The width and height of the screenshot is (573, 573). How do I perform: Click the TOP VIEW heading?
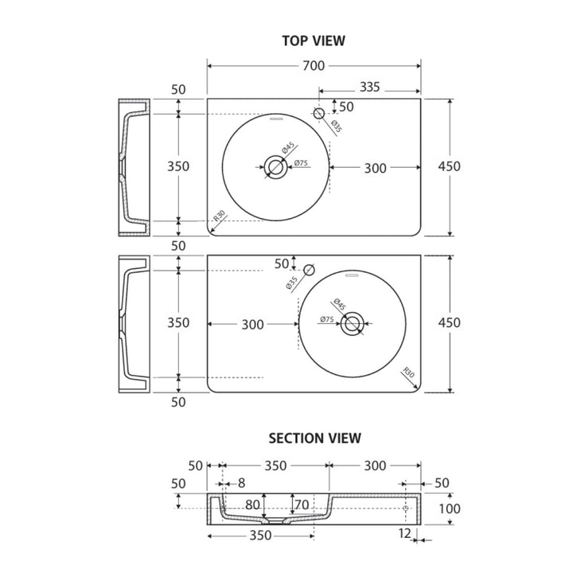314,41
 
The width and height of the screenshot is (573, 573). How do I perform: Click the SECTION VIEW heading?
314,439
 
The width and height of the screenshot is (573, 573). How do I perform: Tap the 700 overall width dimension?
314,66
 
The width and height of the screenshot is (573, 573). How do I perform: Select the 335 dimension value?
370,87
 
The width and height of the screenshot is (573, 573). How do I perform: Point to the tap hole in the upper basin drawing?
319,113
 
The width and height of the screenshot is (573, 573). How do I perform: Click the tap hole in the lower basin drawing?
309,270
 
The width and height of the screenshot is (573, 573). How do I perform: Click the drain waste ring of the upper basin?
275,167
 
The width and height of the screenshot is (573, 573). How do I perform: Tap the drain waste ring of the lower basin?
352,324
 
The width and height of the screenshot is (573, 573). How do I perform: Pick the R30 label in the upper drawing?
219,216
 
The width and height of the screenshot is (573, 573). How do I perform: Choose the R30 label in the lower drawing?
408,372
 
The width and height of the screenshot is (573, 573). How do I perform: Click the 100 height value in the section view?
449,509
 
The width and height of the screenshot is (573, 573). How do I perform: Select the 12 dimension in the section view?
405,533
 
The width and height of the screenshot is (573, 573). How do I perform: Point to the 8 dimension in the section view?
241,483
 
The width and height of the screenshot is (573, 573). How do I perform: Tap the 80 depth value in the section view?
252,505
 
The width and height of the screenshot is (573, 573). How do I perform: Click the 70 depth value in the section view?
302,505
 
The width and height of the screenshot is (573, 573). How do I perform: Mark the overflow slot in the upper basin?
276,119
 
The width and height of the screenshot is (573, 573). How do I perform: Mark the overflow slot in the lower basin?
353,275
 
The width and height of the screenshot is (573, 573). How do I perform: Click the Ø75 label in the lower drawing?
327,319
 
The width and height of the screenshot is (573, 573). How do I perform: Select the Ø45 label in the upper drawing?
288,148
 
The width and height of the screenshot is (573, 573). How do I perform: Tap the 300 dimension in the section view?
375,466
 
